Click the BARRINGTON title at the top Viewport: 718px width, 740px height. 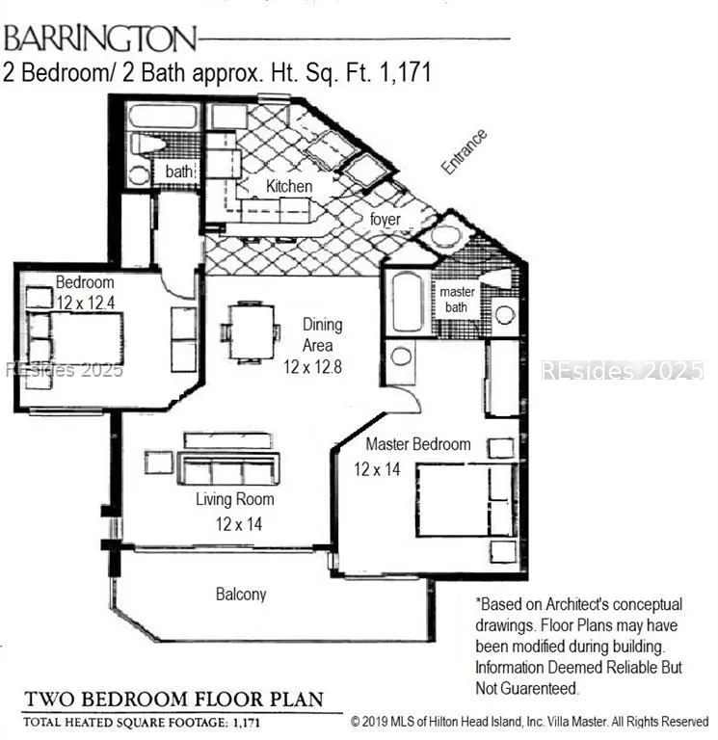click(99, 39)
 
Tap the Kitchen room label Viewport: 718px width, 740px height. click(289, 186)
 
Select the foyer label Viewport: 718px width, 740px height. click(386, 220)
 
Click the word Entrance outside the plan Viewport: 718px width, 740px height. click(464, 151)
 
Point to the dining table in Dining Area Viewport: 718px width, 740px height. click(252, 332)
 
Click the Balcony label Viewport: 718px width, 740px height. click(241, 594)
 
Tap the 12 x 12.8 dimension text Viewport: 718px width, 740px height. click(312, 367)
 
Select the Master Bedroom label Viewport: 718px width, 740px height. click(418, 444)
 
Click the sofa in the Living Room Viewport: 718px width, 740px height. click(228, 467)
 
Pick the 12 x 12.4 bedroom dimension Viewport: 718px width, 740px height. click(86, 303)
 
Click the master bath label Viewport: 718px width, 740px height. click(457, 300)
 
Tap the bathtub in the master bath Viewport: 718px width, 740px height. click(408, 302)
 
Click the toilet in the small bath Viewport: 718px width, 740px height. click(146, 144)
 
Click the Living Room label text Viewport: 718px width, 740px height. click(234, 499)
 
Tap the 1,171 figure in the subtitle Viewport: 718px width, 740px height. click(405, 73)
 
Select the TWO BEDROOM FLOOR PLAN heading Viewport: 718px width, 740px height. click(173, 699)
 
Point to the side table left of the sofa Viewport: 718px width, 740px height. click(159, 462)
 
